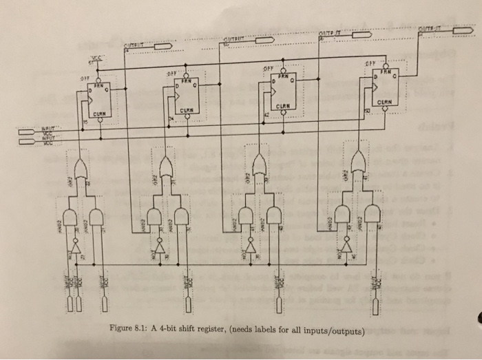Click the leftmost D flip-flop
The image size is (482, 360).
pos(101,98)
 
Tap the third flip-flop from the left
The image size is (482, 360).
pos(284,91)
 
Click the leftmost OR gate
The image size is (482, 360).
pos(81,168)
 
